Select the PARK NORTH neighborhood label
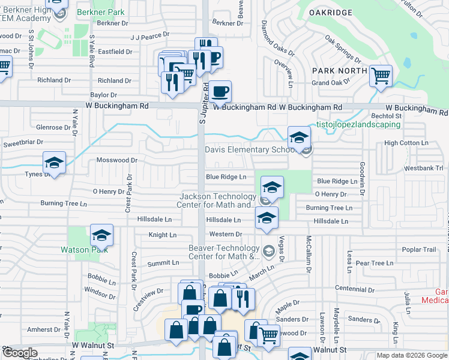tap(339, 70)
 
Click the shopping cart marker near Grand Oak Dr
tap(381, 76)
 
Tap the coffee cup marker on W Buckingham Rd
tap(220, 92)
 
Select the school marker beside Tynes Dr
tap(54, 163)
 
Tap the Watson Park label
tap(90, 250)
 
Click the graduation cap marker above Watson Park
tap(101, 235)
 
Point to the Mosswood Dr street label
tap(117, 160)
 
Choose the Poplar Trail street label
tap(421, 250)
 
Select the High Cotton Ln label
tap(406, 143)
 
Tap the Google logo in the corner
tap(19, 353)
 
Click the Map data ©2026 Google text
tap(412, 355)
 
